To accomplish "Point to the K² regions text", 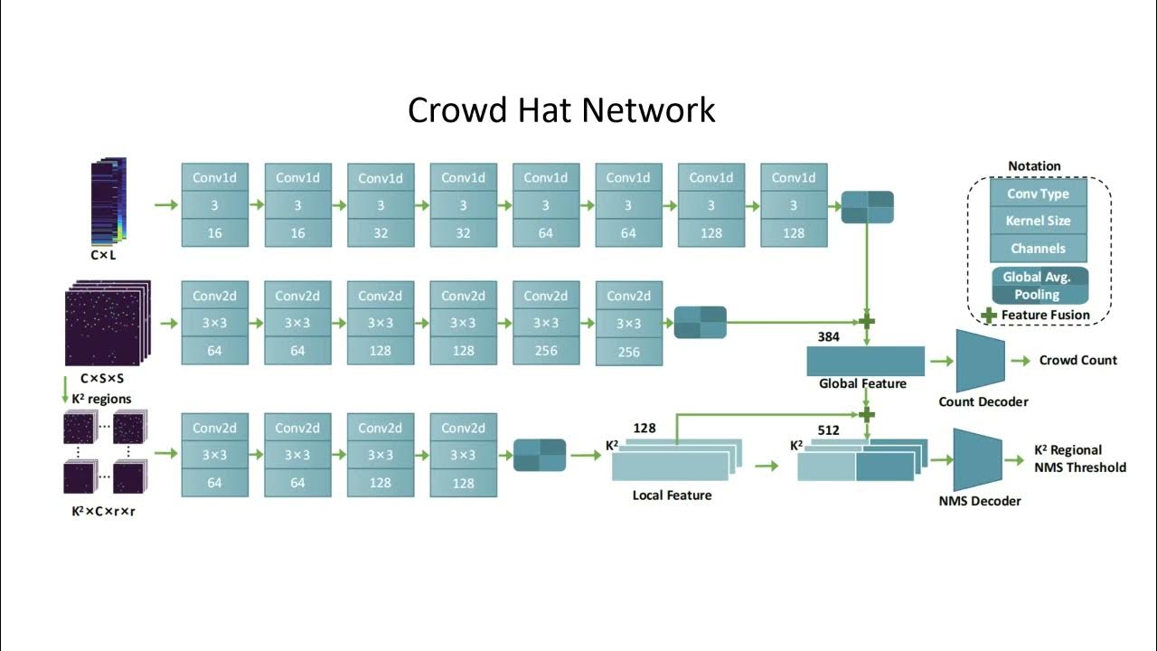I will (100, 399).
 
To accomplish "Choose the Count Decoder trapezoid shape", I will (980, 361).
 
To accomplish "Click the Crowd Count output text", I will (1077, 360).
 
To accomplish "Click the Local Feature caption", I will (672, 495).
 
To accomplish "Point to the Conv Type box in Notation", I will (1038, 193).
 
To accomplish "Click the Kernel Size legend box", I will (1038, 221).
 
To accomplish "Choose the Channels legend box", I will (1038, 249).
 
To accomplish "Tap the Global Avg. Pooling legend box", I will (1039, 286).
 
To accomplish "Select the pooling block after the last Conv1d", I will (867, 207).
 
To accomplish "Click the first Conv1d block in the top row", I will (214, 205).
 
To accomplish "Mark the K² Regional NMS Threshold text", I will (1079, 458).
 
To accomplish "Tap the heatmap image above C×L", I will (109, 201).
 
